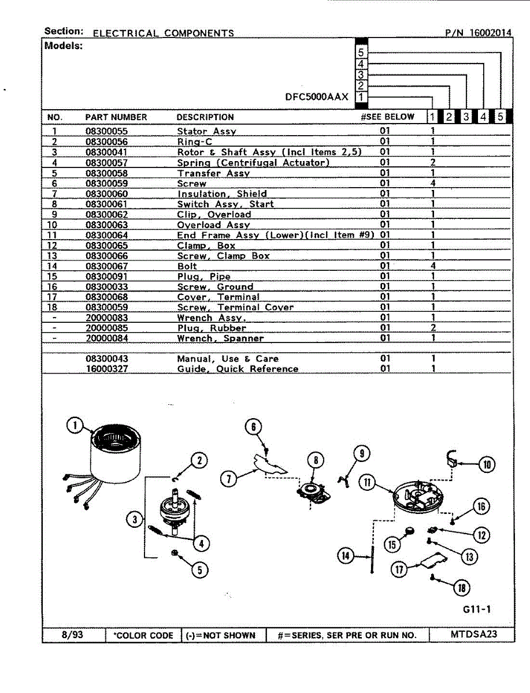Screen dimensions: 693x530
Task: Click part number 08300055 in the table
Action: (106, 131)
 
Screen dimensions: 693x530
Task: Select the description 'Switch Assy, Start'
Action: (225, 204)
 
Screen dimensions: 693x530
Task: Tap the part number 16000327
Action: (106, 368)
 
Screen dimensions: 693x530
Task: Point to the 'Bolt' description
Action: (187, 266)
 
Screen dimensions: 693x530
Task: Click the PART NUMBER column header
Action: (116, 117)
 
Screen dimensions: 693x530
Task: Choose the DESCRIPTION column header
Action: (205, 117)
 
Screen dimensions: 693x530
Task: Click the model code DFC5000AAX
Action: (317, 97)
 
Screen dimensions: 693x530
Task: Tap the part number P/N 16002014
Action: (478, 33)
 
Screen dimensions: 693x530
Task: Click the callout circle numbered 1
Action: (75, 426)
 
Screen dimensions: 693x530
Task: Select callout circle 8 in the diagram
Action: (316, 460)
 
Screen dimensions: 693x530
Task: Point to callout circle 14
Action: (346, 556)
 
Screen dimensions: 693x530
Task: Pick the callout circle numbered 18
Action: (461, 588)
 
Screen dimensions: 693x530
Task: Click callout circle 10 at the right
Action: (487, 464)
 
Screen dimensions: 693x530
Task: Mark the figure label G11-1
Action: (477, 609)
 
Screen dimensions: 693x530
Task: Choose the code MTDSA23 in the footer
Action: (473, 634)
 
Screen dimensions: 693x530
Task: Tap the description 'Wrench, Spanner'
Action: (220, 338)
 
